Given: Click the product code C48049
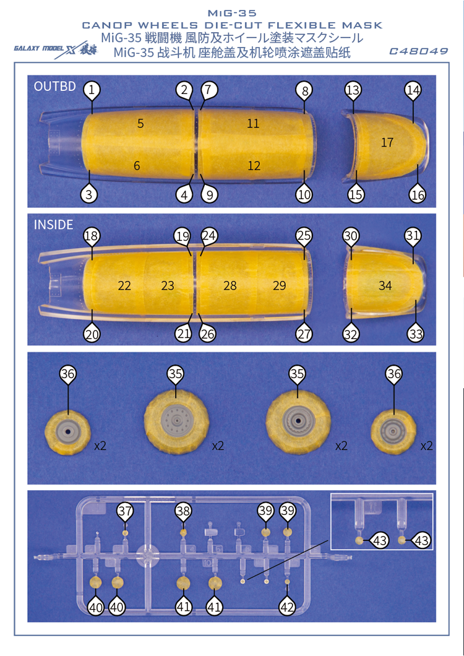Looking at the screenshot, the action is pyautogui.click(x=418, y=51).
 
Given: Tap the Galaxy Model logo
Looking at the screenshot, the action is pyautogui.click(x=56, y=49).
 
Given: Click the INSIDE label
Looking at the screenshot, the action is pyautogui.click(x=54, y=225).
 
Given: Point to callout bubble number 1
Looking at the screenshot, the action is pyautogui.click(x=92, y=90).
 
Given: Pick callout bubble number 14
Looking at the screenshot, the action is pyautogui.click(x=413, y=90).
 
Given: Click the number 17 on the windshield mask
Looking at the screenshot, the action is pyautogui.click(x=387, y=143).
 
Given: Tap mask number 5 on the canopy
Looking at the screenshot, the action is pyautogui.click(x=140, y=123).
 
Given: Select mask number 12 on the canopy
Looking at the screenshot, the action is pyautogui.click(x=254, y=166).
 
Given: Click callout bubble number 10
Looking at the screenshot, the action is pyautogui.click(x=304, y=194).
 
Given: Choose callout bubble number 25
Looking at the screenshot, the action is pyautogui.click(x=304, y=236).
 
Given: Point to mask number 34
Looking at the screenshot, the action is pyautogui.click(x=385, y=286).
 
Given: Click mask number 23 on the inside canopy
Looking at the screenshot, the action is pyautogui.click(x=168, y=286).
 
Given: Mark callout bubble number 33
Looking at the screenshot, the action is pyautogui.click(x=416, y=334).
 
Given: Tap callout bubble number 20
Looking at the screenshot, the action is pyautogui.click(x=92, y=334).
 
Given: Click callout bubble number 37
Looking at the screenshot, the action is pyautogui.click(x=125, y=511).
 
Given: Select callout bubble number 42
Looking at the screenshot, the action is pyautogui.click(x=287, y=607).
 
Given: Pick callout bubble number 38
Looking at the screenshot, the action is pyautogui.click(x=183, y=511).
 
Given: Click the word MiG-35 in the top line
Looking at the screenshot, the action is pyautogui.click(x=232, y=14).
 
